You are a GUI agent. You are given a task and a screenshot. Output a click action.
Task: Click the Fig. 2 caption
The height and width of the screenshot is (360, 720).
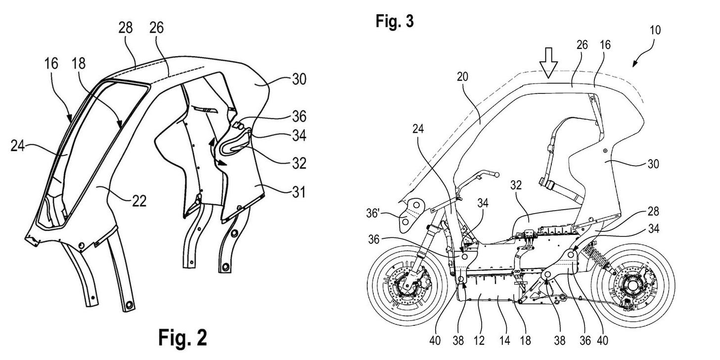[182, 338]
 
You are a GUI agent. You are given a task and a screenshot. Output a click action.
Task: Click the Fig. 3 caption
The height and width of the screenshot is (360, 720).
[395, 22]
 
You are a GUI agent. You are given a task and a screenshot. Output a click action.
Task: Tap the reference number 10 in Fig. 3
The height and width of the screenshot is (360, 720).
[655, 30]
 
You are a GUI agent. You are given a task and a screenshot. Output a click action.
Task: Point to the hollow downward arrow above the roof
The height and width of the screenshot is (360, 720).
[548, 63]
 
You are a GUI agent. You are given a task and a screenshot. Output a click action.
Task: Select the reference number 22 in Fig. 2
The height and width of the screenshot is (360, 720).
[139, 201]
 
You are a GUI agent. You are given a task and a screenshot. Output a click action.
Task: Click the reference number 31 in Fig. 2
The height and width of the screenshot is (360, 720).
[299, 192]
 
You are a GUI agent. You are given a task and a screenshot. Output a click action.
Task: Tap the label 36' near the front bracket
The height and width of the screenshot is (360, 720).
[373, 213]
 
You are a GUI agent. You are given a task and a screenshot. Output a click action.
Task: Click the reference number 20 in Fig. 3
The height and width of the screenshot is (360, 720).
[462, 77]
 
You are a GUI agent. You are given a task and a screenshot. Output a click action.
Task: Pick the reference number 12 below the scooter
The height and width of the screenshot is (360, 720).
[479, 340]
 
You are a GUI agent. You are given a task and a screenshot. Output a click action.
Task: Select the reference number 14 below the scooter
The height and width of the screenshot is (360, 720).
[504, 340]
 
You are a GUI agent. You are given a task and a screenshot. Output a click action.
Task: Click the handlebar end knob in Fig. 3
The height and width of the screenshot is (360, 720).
[497, 175]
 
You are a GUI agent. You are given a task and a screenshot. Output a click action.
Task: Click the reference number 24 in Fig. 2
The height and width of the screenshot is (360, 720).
[18, 146]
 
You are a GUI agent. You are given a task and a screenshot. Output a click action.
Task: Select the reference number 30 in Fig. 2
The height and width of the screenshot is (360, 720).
[299, 79]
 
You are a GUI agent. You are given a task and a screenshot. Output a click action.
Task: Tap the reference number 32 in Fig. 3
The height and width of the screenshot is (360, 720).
[516, 185]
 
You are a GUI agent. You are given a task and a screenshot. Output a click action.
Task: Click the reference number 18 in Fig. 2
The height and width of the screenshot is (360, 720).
[79, 63]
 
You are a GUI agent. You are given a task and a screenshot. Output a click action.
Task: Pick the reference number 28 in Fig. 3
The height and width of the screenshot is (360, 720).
[653, 211]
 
